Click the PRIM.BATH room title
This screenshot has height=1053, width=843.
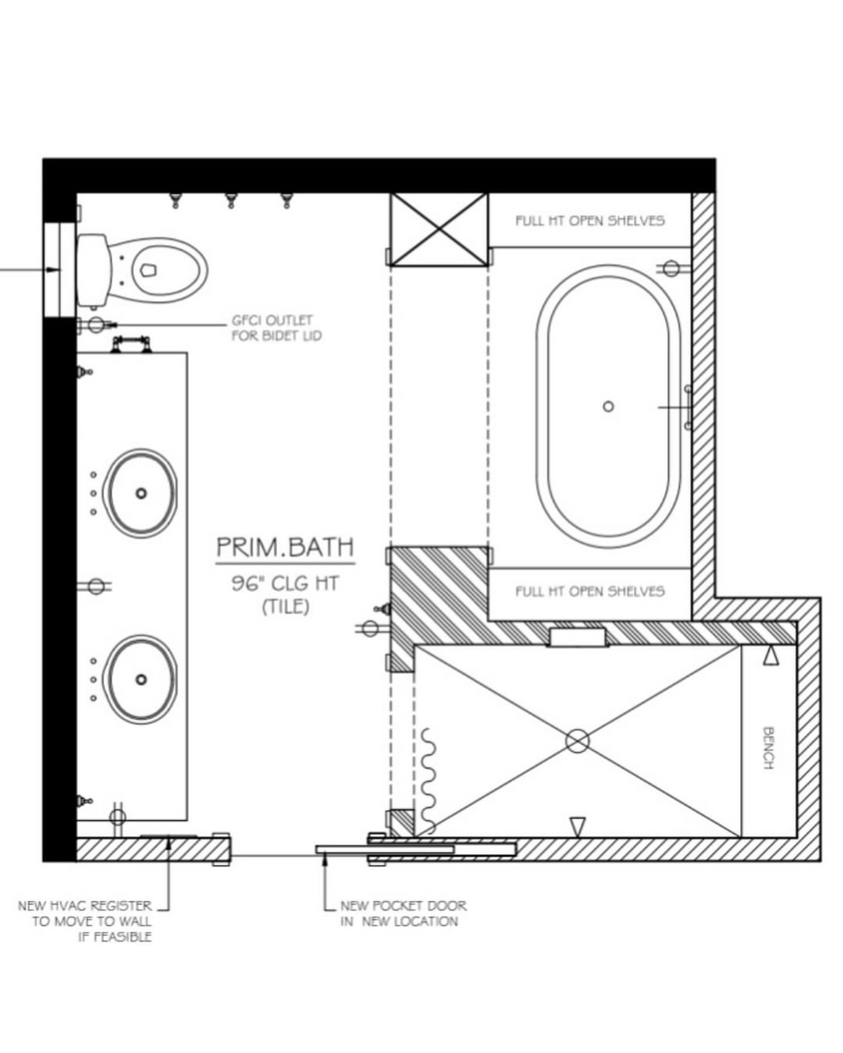[x=285, y=547]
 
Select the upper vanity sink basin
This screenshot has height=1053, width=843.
[x=141, y=493]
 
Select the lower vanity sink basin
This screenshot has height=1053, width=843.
[x=141, y=679]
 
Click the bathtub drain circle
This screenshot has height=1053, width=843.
[x=608, y=406]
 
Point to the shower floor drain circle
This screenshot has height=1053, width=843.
[x=578, y=741]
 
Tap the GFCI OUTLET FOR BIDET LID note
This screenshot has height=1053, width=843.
[x=277, y=328]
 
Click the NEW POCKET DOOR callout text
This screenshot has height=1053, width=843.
[x=403, y=913]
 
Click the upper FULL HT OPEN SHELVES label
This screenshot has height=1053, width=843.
[x=590, y=221]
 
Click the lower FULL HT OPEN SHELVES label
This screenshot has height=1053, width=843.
[x=590, y=591]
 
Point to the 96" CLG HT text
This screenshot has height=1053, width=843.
[x=285, y=583]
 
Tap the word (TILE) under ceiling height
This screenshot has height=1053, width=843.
[x=286, y=608]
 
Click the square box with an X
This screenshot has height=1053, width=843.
[x=439, y=229]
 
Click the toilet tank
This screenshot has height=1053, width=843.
[x=93, y=271]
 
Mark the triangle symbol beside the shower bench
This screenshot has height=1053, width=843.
[x=770, y=657]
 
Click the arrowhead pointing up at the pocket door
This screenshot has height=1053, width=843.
[x=324, y=862]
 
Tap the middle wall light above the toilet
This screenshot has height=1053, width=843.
[x=231, y=200]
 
